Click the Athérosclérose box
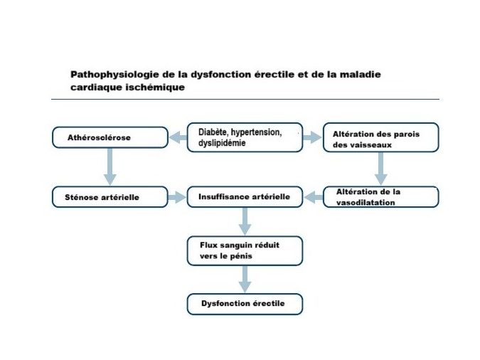click(x=110, y=137)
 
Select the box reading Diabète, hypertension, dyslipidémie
click(x=245, y=137)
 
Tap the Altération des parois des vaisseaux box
click(x=381, y=137)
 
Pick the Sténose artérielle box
click(x=110, y=197)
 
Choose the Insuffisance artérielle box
click(x=245, y=197)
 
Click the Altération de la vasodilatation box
click(x=381, y=197)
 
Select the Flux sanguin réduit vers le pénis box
click(x=245, y=250)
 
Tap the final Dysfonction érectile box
click(x=245, y=304)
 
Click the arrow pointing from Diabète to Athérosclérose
click(x=178, y=137)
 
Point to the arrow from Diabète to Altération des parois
click(x=312, y=137)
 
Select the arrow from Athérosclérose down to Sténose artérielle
click(x=110, y=166)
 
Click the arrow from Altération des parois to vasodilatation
click(x=381, y=169)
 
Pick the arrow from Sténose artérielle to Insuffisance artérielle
click(x=177, y=197)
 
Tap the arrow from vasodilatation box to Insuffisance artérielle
click(x=313, y=197)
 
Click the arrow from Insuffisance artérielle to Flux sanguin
click(x=245, y=221)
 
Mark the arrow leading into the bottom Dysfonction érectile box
click(x=245, y=279)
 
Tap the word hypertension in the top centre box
click(x=256, y=132)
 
